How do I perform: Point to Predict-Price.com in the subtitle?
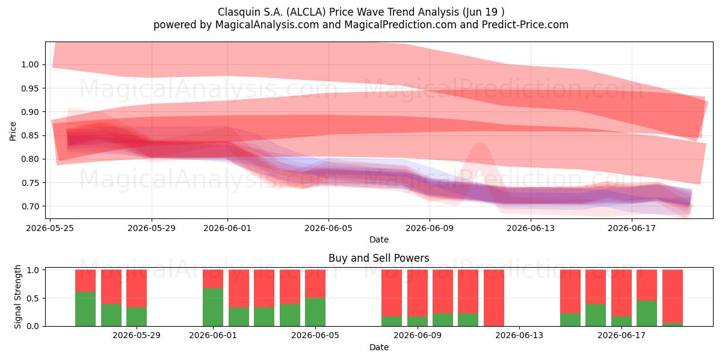(x=525, y=25)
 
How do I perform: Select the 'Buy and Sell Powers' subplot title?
(x=378, y=258)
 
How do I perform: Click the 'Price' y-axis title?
(x=13, y=131)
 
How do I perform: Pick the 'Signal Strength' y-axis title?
(x=17, y=297)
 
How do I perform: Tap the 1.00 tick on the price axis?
(x=30, y=64)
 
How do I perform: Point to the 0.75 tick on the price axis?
(x=30, y=183)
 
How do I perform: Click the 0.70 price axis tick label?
(x=30, y=206)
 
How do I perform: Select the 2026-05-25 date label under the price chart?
(x=50, y=228)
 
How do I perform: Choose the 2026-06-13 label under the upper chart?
(x=531, y=228)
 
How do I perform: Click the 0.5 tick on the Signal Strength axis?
(x=32, y=298)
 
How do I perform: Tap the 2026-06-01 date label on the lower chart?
(x=213, y=336)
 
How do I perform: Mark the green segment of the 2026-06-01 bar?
(x=213, y=307)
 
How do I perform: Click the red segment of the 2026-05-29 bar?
(x=137, y=288)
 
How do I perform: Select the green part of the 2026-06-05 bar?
(x=315, y=312)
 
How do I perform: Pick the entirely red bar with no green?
(x=494, y=298)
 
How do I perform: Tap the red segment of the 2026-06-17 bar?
(x=622, y=294)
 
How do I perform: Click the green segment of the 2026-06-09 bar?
(x=418, y=321)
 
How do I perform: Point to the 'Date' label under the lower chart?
(x=379, y=347)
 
